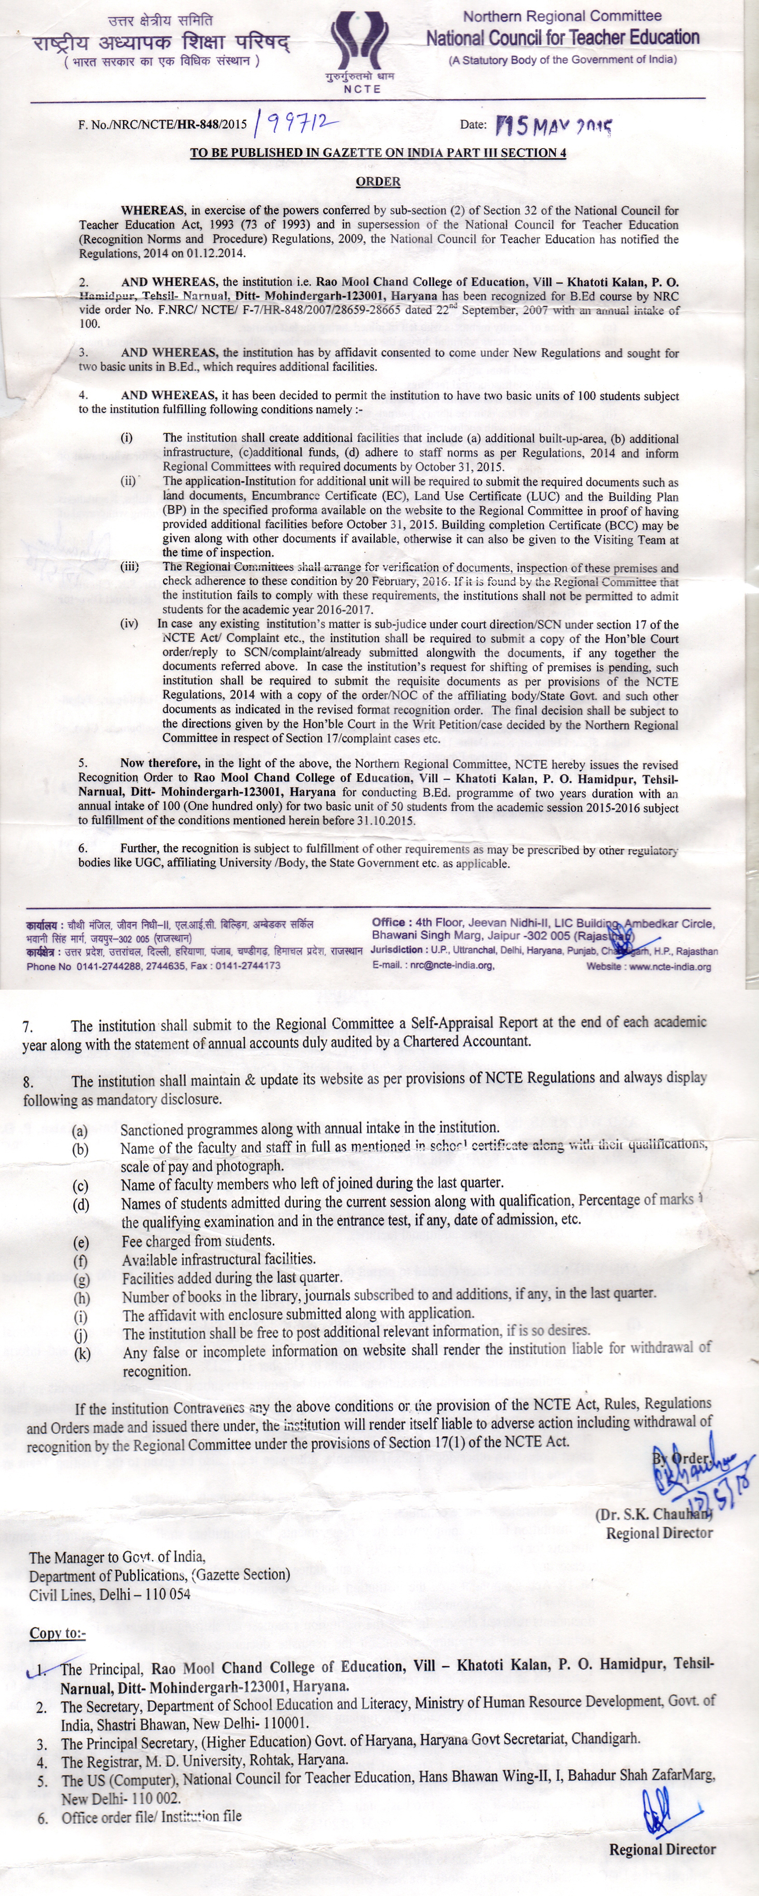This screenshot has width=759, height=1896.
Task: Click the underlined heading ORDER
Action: (x=378, y=181)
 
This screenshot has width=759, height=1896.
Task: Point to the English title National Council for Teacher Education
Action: (x=563, y=38)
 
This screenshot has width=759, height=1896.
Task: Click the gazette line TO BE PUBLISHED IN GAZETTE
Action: (x=378, y=153)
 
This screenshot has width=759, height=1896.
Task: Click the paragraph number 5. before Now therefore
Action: (x=84, y=763)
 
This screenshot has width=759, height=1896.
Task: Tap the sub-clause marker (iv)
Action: (x=129, y=624)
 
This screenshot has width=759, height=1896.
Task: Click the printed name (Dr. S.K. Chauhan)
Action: (x=653, y=1514)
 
